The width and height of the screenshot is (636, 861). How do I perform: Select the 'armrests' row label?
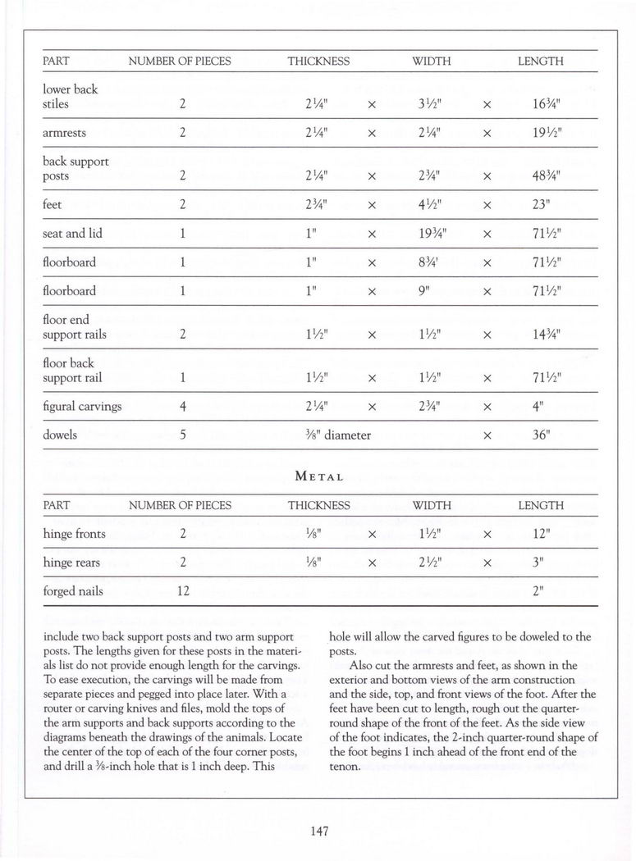65,133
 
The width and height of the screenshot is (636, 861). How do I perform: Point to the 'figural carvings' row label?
82,406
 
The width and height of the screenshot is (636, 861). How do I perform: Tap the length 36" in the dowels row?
539,435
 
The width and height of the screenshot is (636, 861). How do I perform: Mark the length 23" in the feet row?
539,205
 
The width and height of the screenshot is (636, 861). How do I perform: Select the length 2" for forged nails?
539,590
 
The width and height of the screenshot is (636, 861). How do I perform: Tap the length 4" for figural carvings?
539,406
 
